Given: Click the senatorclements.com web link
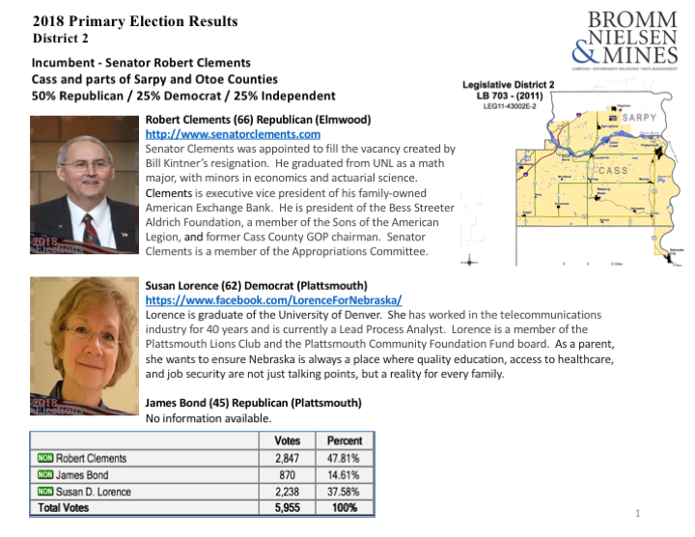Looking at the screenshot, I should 232,134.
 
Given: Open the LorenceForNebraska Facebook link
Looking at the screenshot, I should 273,300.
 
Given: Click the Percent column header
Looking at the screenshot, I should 344,440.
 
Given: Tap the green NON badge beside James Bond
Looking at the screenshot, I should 43,475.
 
